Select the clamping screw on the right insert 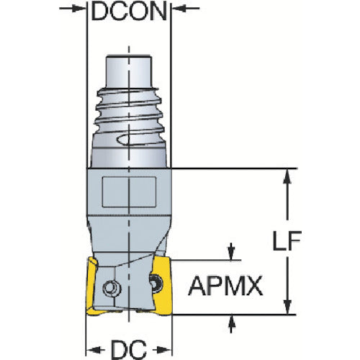coord(154,282)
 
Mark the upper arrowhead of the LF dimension coord(288,176)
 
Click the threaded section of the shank coord(130,108)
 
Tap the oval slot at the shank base coord(144,142)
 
